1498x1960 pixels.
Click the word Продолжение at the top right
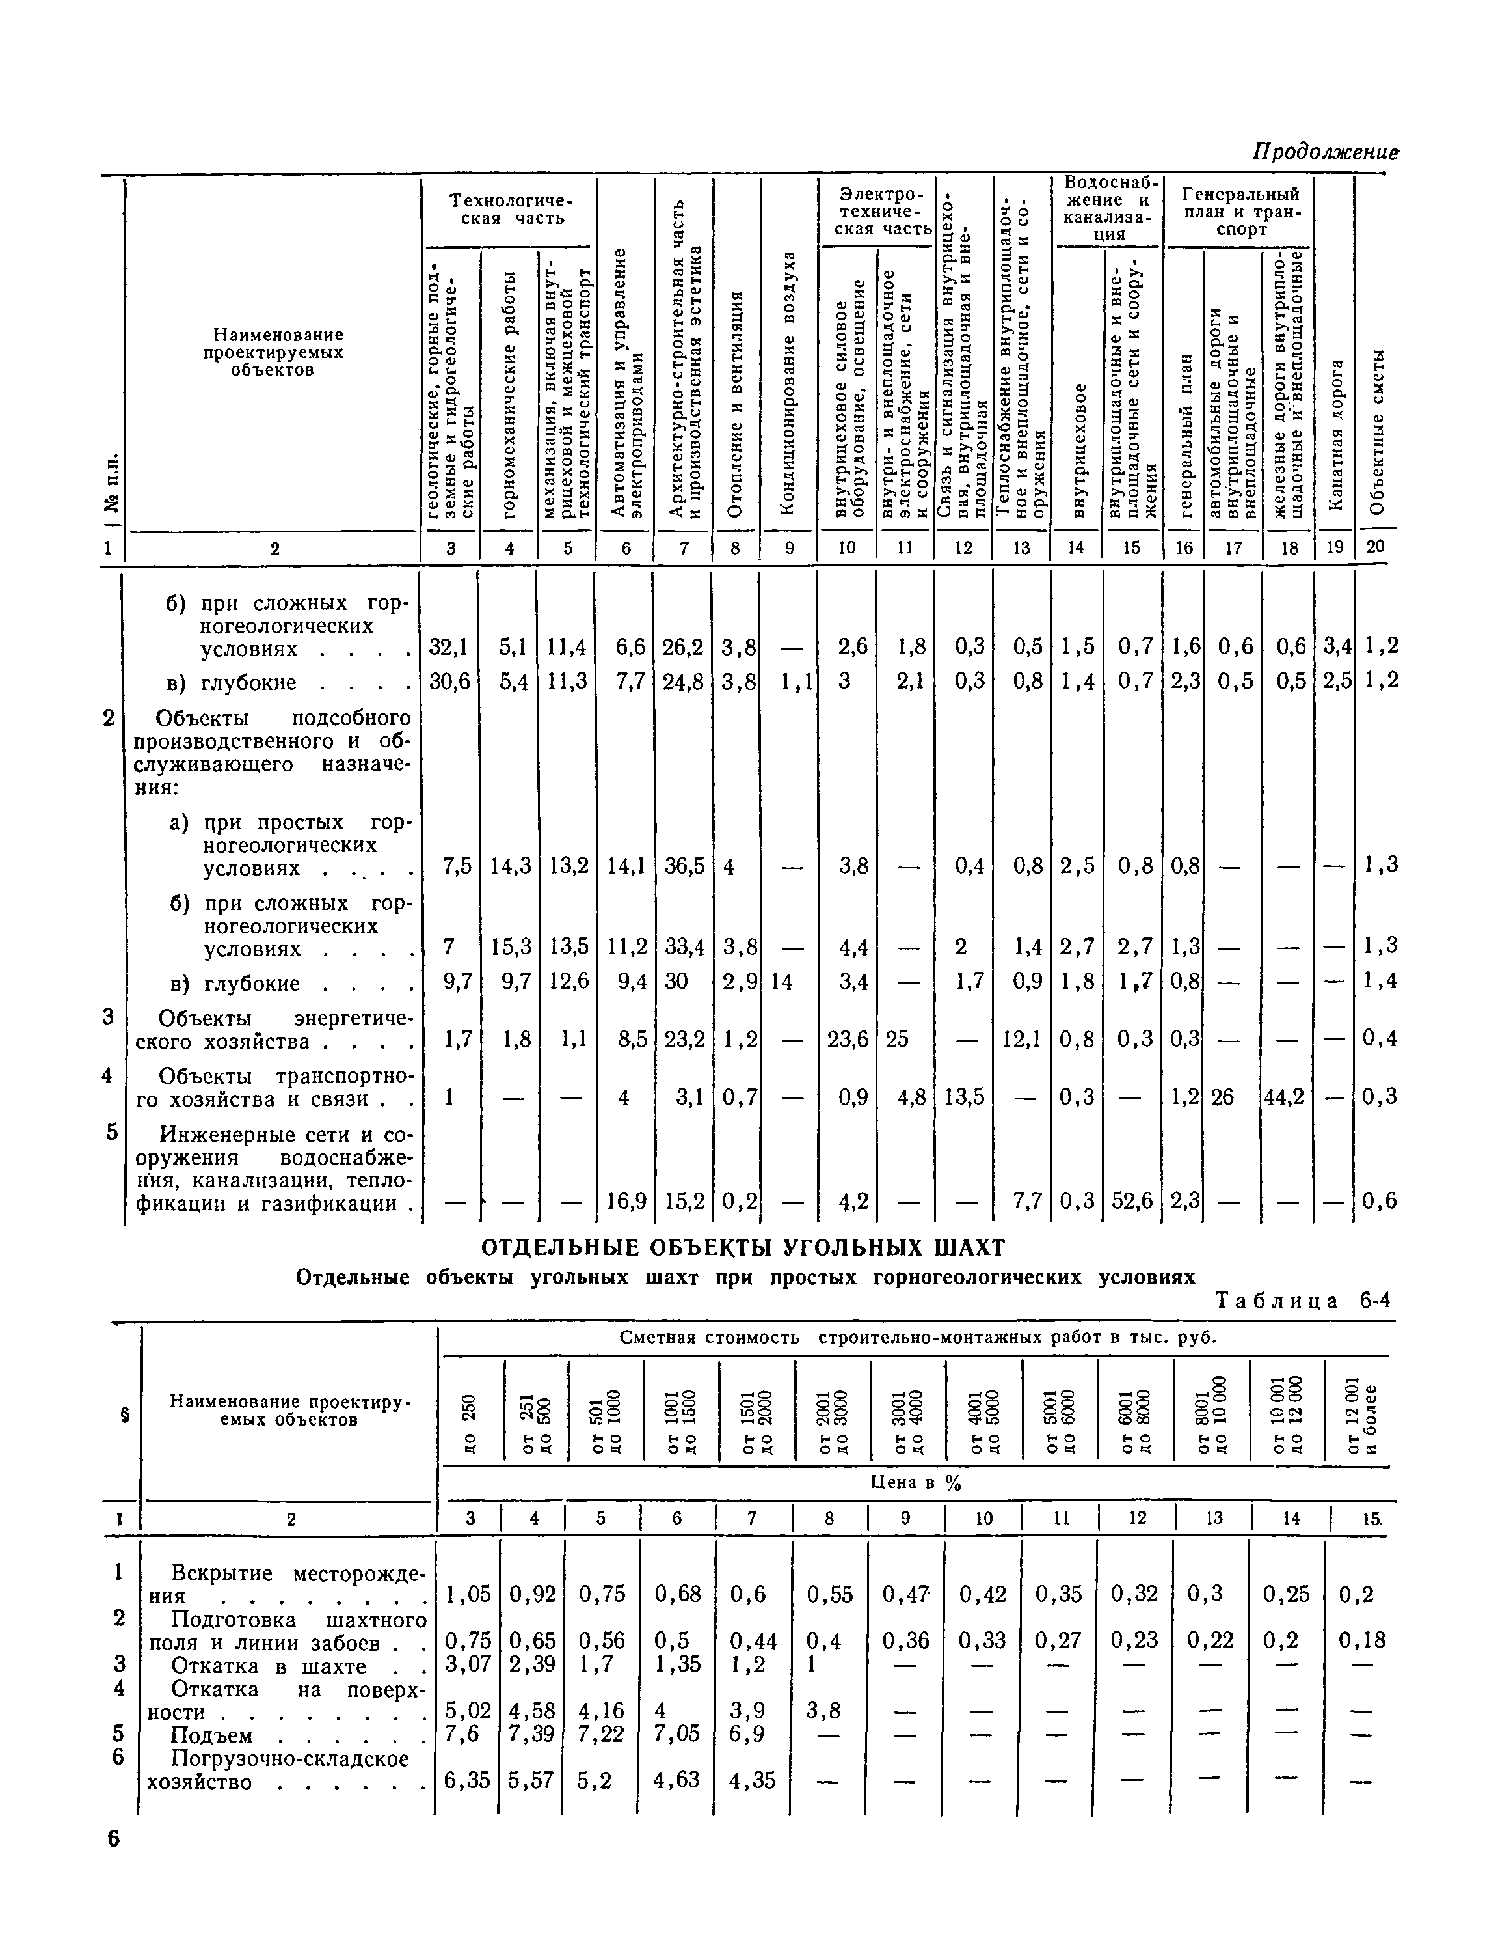pyautogui.click(x=1326, y=152)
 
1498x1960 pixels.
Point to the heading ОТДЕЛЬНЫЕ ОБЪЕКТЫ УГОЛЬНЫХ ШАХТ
pyautogui.click(x=743, y=1247)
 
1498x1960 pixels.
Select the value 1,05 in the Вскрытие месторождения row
pyautogui.click(x=468, y=1594)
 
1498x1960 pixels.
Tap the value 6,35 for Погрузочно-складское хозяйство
pyautogui.click(x=467, y=1781)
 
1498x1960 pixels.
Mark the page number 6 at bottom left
pyautogui.click(x=113, y=1840)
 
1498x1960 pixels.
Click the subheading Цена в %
pyautogui.click(x=916, y=1483)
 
